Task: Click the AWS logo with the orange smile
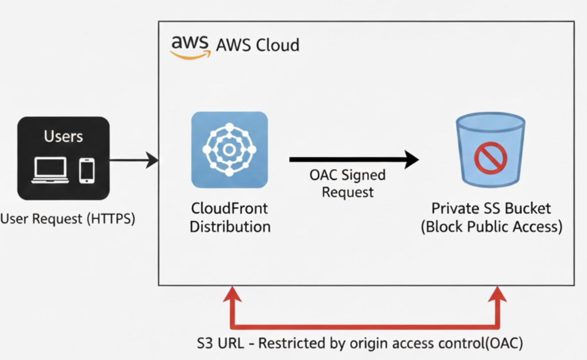pyautogui.click(x=190, y=45)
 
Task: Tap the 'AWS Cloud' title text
pyautogui.click(x=257, y=45)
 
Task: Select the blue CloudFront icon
pyautogui.click(x=229, y=150)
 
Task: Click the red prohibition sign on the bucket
pyautogui.click(x=491, y=157)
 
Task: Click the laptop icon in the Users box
pyautogui.click(x=50, y=170)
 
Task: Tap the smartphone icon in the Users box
pyautogui.click(x=87, y=170)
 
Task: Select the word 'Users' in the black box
pyautogui.click(x=63, y=136)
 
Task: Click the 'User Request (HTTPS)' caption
pyautogui.click(x=68, y=218)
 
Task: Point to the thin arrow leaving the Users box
pyautogui.click(x=134, y=160)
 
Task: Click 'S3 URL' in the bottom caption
pyautogui.click(x=217, y=343)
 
